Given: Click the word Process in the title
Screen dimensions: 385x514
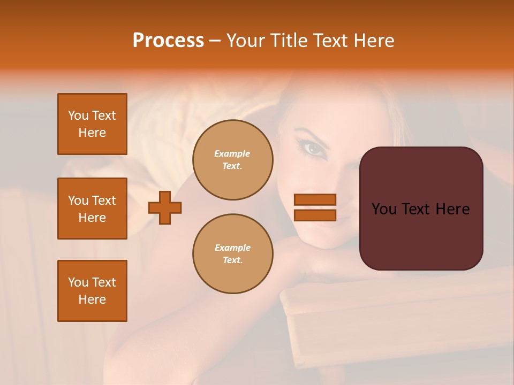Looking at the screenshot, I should (x=168, y=41).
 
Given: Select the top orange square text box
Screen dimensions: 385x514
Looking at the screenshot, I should (x=92, y=124).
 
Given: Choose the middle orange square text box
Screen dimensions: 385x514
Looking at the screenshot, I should (x=92, y=209).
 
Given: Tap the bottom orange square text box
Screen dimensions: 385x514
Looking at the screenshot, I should (x=92, y=291).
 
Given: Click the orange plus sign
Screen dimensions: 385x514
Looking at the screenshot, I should (x=165, y=207).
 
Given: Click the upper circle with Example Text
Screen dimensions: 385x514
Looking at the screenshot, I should (x=233, y=160).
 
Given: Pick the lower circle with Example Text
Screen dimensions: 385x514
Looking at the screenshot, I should (x=233, y=254).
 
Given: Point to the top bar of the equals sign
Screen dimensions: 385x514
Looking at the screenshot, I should (x=315, y=200).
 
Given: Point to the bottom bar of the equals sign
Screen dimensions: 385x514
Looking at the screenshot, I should (x=315, y=215).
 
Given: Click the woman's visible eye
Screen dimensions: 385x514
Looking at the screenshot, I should (x=315, y=148).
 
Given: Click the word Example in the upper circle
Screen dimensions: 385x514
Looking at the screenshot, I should (x=232, y=153).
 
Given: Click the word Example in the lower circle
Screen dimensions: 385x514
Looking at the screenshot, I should (x=232, y=248).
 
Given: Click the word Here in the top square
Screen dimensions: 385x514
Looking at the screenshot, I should (x=92, y=133).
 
